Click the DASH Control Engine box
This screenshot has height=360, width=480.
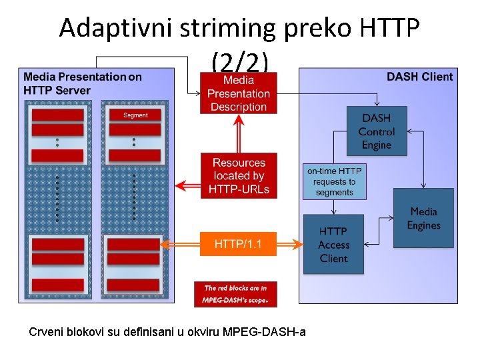tap(377, 131)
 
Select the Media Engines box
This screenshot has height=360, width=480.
tap(423, 219)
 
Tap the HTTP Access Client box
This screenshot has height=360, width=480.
tap(333, 244)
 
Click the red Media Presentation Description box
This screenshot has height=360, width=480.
tap(239, 93)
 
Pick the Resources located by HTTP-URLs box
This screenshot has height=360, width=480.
tap(239, 176)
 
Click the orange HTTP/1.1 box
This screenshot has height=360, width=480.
tap(238, 244)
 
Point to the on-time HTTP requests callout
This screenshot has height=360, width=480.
tap(335, 181)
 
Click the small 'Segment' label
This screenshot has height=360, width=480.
tap(135, 115)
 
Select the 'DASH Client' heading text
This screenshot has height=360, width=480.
tap(419, 77)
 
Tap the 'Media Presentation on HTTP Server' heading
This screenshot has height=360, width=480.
tap(82, 83)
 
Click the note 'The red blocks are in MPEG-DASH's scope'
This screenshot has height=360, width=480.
tap(235, 294)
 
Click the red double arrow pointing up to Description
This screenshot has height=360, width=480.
tap(238, 133)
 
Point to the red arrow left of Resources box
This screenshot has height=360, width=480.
tap(187, 184)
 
